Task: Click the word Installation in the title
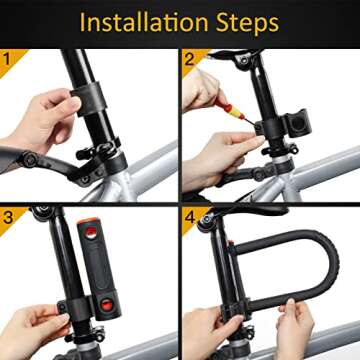coord(146,21)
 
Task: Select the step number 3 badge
coord(9,214)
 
